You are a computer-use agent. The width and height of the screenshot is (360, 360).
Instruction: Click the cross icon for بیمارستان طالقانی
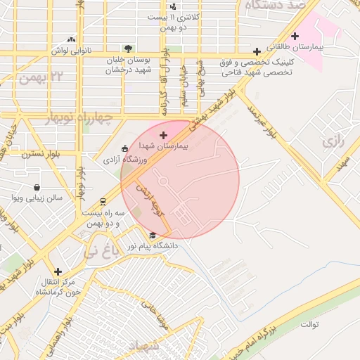coord(295,36)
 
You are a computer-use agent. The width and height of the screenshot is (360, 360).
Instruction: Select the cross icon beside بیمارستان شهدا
coord(164,135)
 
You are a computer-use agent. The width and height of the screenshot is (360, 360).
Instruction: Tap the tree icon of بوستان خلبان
coord(127,48)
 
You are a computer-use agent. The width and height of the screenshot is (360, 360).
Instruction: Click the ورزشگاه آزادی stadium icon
coord(124,148)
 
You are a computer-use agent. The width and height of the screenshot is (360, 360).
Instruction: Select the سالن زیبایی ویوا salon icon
coord(37,187)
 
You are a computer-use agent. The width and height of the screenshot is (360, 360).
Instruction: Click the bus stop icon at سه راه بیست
coord(103,200)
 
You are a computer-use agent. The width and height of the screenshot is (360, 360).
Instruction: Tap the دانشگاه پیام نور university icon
coord(153,235)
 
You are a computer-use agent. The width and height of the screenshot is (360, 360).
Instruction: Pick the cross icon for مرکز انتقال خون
coord(58,271)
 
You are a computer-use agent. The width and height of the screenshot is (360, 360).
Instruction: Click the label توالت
coord(309,325)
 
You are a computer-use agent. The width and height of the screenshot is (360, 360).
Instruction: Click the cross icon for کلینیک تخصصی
coord(257,51)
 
